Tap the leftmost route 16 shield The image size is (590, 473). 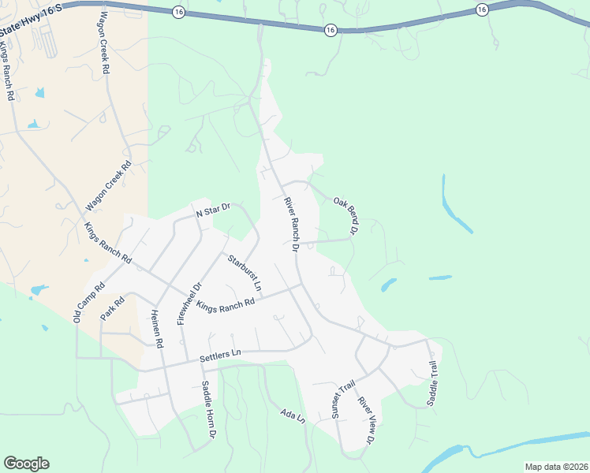click(x=179, y=12)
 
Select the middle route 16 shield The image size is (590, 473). click(x=330, y=29)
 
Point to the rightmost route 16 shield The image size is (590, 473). click(x=481, y=9)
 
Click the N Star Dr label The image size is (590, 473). click(x=212, y=210)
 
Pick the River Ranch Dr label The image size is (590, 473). click(x=289, y=224)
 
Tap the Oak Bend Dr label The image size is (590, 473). click(x=345, y=215)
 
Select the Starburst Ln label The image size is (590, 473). click(x=245, y=270)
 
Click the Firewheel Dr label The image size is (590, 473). click(x=190, y=304)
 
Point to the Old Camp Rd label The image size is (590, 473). click(x=89, y=303)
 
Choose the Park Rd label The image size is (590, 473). click(x=114, y=308)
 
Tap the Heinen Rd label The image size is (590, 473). click(x=155, y=329)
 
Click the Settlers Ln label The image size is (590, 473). click(x=219, y=356)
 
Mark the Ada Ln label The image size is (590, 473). click(x=293, y=415)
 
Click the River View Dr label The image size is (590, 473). click(x=368, y=420)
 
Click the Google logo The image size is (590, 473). click(x=26, y=464)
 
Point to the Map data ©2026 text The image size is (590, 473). click(x=555, y=467)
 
